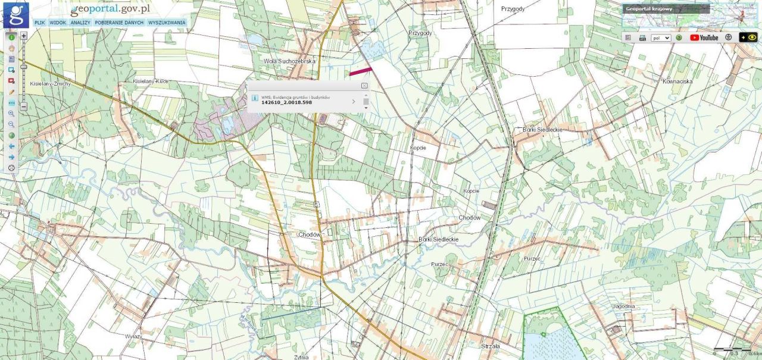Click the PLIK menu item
40,23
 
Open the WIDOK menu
58,23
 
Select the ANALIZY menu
80,23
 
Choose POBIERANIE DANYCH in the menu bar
119,23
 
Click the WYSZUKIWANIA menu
167,23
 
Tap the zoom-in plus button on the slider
24,36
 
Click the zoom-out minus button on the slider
24,107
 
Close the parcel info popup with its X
364,86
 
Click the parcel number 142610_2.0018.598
286,102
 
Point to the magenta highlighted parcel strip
360,71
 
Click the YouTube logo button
704,37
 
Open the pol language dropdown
661,37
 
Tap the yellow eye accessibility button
748,37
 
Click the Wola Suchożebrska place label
289,61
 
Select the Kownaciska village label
677,81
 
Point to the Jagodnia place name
623,306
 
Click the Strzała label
490,345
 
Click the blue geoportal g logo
15,15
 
